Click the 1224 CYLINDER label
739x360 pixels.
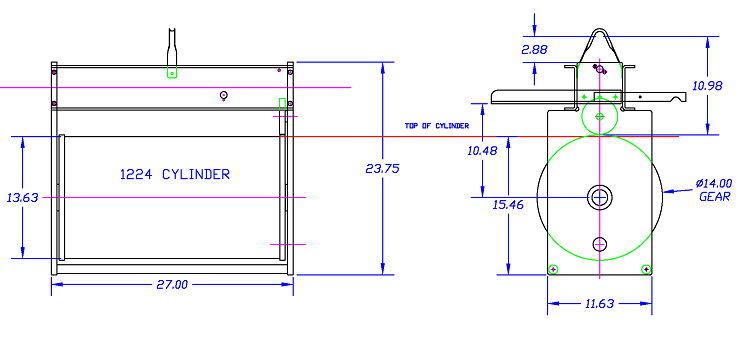175,175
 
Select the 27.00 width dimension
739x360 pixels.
172,285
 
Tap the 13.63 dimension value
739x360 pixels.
21,198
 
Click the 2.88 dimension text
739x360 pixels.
535,48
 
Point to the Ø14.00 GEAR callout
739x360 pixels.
714,190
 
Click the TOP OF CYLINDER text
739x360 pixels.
437,126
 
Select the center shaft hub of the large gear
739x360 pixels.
600,196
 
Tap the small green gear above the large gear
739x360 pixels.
599,117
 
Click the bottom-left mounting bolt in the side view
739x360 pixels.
554,268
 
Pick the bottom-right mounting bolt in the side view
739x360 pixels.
646,268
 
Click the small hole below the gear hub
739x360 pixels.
600,243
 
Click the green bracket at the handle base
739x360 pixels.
172,72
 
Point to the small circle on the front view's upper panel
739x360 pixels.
225,95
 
